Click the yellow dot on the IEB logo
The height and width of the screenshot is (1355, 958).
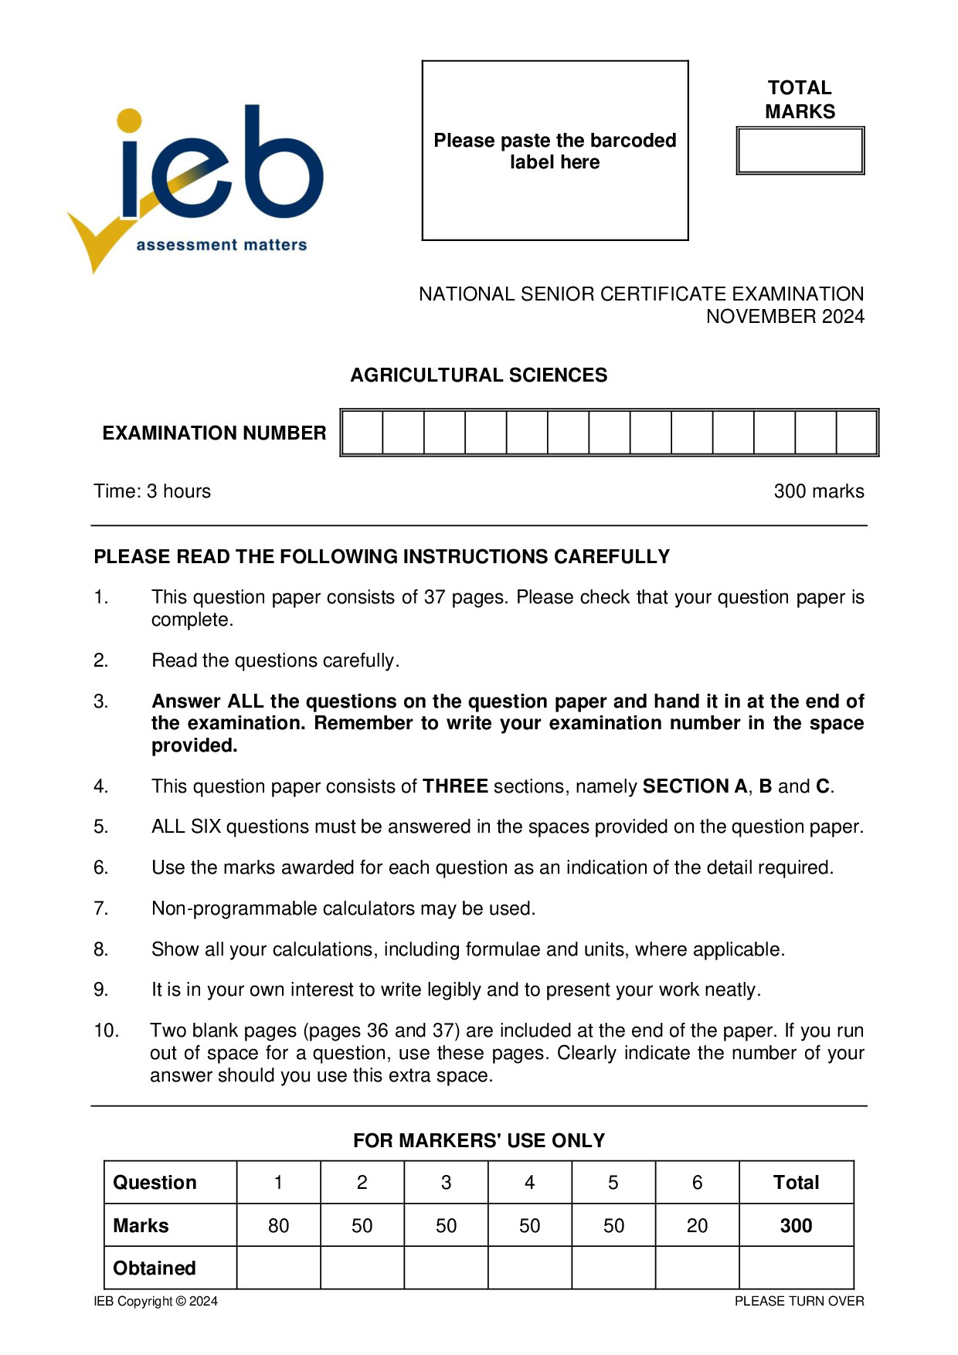pos(130,121)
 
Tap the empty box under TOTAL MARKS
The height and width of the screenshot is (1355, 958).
pos(800,151)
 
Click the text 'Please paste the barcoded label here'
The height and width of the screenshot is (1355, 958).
pos(555,151)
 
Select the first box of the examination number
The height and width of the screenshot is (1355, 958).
pos(362,433)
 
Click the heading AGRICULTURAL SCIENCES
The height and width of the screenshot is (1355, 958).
pos(478,375)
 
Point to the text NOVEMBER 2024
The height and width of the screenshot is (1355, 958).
pos(784,317)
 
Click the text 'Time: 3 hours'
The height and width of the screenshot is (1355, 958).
pos(152,491)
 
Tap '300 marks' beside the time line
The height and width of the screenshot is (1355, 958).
pos(818,491)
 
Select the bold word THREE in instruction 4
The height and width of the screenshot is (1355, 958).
pos(455,786)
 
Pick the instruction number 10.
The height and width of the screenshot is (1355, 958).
pos(106,1031)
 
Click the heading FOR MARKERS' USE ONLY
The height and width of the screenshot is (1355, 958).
pos(478,1141)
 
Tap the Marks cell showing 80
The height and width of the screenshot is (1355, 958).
pos(278,1226)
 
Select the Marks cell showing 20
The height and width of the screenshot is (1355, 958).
pos(697,1226)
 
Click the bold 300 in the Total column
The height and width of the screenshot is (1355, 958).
pos(796,1226)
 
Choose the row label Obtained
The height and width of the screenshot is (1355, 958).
pos(155,1268)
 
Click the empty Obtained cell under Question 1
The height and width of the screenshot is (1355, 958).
pos(278,1268)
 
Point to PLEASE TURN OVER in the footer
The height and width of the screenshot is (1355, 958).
pos(799,1302)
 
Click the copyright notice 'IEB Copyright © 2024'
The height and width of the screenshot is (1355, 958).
pos(156,1302)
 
